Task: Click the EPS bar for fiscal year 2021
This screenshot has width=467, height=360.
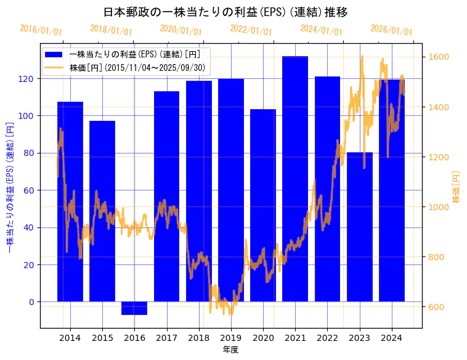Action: pos(295,179)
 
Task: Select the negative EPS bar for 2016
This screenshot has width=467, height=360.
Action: pos(134,308)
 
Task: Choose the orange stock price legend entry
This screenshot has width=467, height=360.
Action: pos(129,67)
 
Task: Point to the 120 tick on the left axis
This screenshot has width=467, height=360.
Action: pos(29,79)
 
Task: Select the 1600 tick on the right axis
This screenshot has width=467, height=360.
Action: pos(440,57)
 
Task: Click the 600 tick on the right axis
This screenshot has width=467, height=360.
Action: pos(437,307)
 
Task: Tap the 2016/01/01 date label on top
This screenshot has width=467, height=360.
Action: pos(41,30)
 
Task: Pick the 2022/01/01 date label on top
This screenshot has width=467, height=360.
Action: pos(251,30)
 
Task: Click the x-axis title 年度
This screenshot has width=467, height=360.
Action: pos(231,350)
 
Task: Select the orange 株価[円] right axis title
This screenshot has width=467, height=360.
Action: pos(457,187)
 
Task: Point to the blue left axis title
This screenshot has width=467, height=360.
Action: pos(9,187)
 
